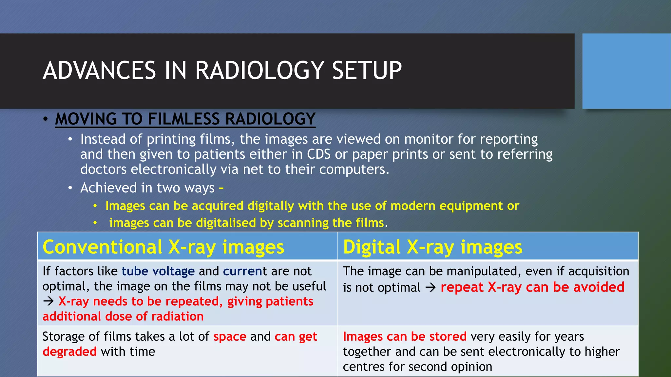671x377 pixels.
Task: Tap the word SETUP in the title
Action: pos(367,71)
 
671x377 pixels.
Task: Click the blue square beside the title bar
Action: pos(626,71)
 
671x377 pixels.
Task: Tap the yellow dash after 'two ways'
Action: pos(221,188)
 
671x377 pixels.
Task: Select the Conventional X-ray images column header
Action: pos(163,247)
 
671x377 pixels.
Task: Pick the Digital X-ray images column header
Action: pos(432,247)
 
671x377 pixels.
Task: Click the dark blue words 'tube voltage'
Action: pos(158,271)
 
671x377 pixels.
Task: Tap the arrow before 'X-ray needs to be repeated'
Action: pos(48,301)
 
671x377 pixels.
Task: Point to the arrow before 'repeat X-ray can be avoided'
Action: pos(431,288)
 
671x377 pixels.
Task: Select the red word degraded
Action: pos(69,352)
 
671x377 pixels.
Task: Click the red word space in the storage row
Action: pos(230,337)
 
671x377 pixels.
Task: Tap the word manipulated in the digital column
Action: pos(484,272)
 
